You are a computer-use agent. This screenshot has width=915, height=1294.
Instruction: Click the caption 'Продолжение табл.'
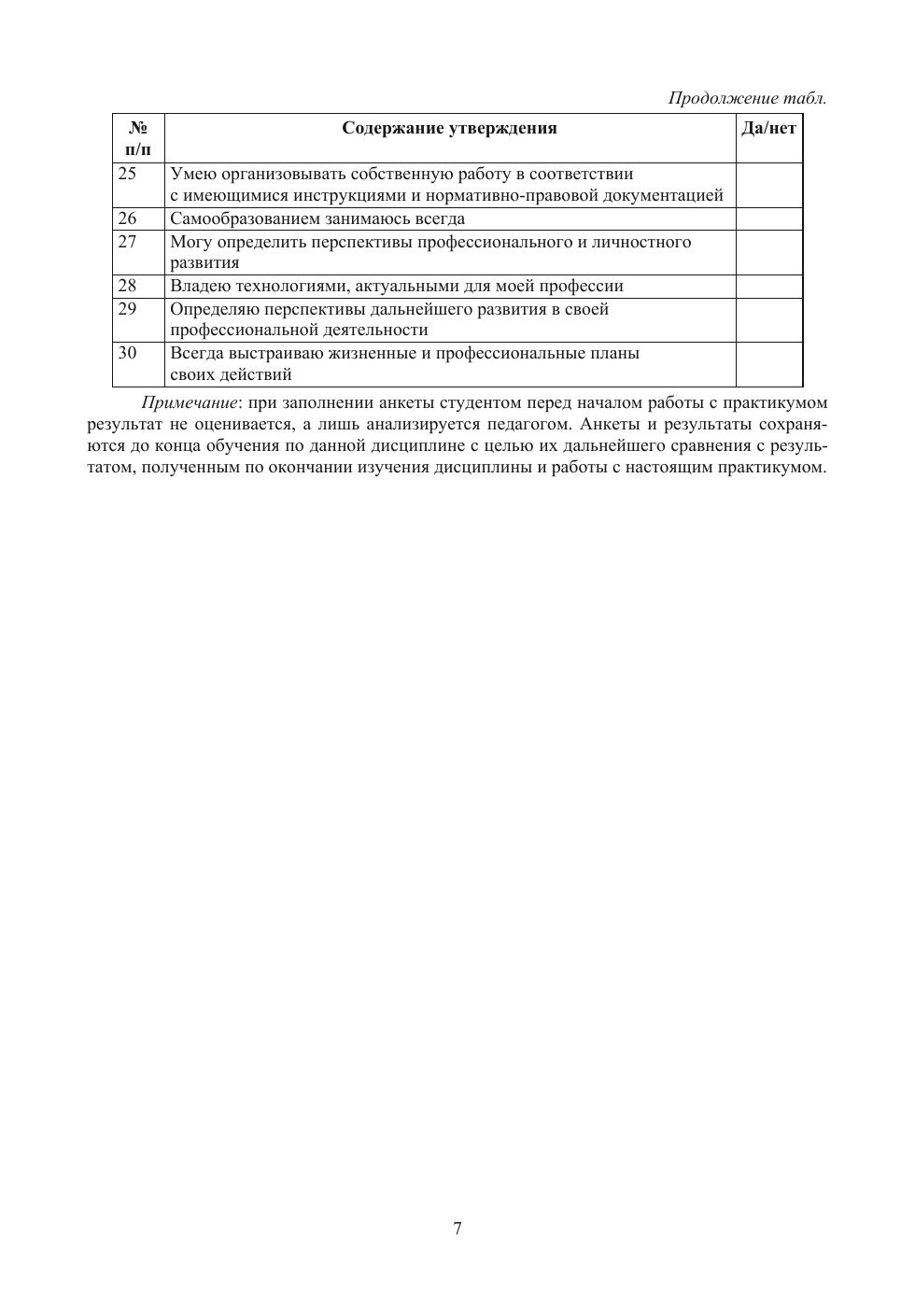click(747, 98)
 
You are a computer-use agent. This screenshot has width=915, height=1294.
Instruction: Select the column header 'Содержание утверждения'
click(449, 129)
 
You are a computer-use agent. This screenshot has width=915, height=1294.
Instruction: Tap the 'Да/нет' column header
click(768, 129)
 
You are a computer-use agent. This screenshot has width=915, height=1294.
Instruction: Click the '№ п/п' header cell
click(138, 138)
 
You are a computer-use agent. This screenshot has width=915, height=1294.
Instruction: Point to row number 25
click(127, 174)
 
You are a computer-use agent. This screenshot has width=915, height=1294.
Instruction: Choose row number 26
click(127, 218)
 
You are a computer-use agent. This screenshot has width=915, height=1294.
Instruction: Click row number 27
click(127, 242)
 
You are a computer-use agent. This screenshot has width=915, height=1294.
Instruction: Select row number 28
click(127, 286)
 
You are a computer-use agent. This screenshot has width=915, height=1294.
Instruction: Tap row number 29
click(127, 309)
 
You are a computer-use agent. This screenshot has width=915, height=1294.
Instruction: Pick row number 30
click(127, 353)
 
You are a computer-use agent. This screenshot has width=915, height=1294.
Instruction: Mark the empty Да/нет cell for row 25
click(768, 185)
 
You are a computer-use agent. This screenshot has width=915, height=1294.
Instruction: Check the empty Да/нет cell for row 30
click(768, 364)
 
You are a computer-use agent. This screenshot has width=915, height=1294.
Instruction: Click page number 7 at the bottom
click(457, 1229)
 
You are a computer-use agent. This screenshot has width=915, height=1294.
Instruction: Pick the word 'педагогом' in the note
click(520, 425)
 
